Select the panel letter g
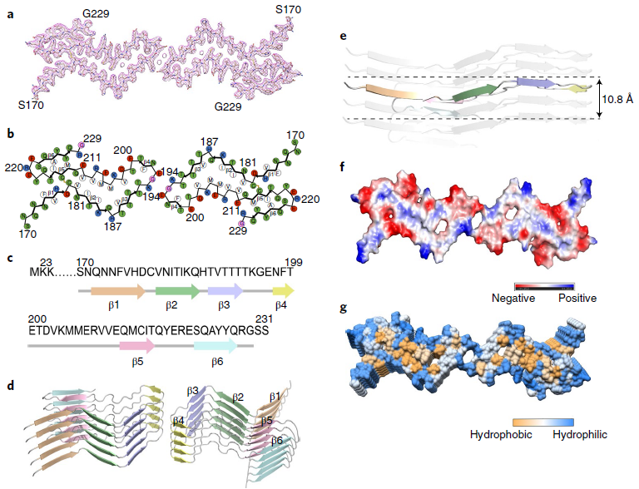point(344,309)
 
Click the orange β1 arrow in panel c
point(111,291)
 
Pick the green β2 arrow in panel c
point(177,291)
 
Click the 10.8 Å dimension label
point(617,98)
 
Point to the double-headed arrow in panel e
point(599,98)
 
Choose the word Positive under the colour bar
point(576,297)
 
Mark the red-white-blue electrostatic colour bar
point(545,284)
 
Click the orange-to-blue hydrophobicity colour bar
point(545,422)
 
